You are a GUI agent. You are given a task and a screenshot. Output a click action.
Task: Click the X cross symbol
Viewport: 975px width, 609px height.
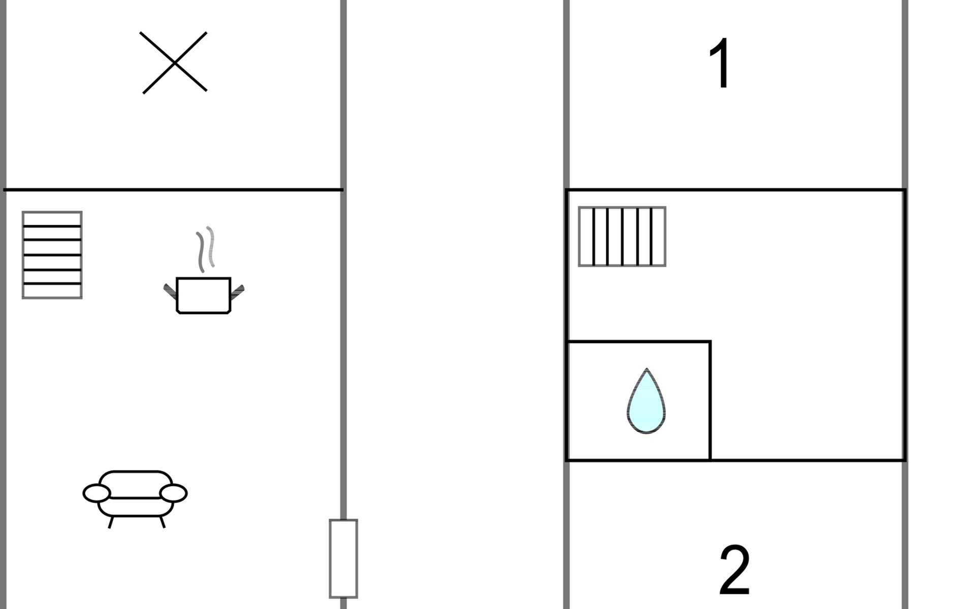click(x=174, y=62)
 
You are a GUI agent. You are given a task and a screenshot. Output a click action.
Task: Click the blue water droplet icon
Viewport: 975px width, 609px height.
click(x=646, y=403)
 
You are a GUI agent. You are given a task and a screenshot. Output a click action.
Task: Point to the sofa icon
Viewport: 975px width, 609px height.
click(x=135, y=494)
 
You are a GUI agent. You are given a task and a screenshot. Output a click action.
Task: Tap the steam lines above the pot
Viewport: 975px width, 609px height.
click(x=205, y=249)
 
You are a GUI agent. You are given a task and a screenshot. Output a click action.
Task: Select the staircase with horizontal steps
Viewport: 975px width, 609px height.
click(x=52, y=255)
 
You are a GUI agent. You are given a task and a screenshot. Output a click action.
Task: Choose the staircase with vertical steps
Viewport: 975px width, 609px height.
click(x=622, y=236)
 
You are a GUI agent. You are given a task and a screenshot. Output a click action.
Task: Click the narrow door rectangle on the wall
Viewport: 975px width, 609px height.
click(x=343, y=558)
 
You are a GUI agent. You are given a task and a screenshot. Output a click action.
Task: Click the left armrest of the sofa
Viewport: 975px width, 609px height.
click(x=96, y=493)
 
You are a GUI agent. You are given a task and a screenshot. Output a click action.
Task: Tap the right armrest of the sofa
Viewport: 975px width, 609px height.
click(x=173, y=493)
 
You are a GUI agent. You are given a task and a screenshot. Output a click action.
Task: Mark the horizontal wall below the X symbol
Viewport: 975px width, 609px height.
click(x=173, y=190)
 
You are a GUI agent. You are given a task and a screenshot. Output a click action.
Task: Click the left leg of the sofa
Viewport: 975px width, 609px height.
click(x=111, y=522)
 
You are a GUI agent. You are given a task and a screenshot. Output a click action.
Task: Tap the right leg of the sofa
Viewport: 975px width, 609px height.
click(x=162, y=522)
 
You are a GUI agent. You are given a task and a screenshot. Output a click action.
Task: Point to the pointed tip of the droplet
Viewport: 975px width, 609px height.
click(x=646, y=370)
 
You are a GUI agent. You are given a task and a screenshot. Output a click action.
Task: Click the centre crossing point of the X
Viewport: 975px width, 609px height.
click(x=174, y=63)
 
